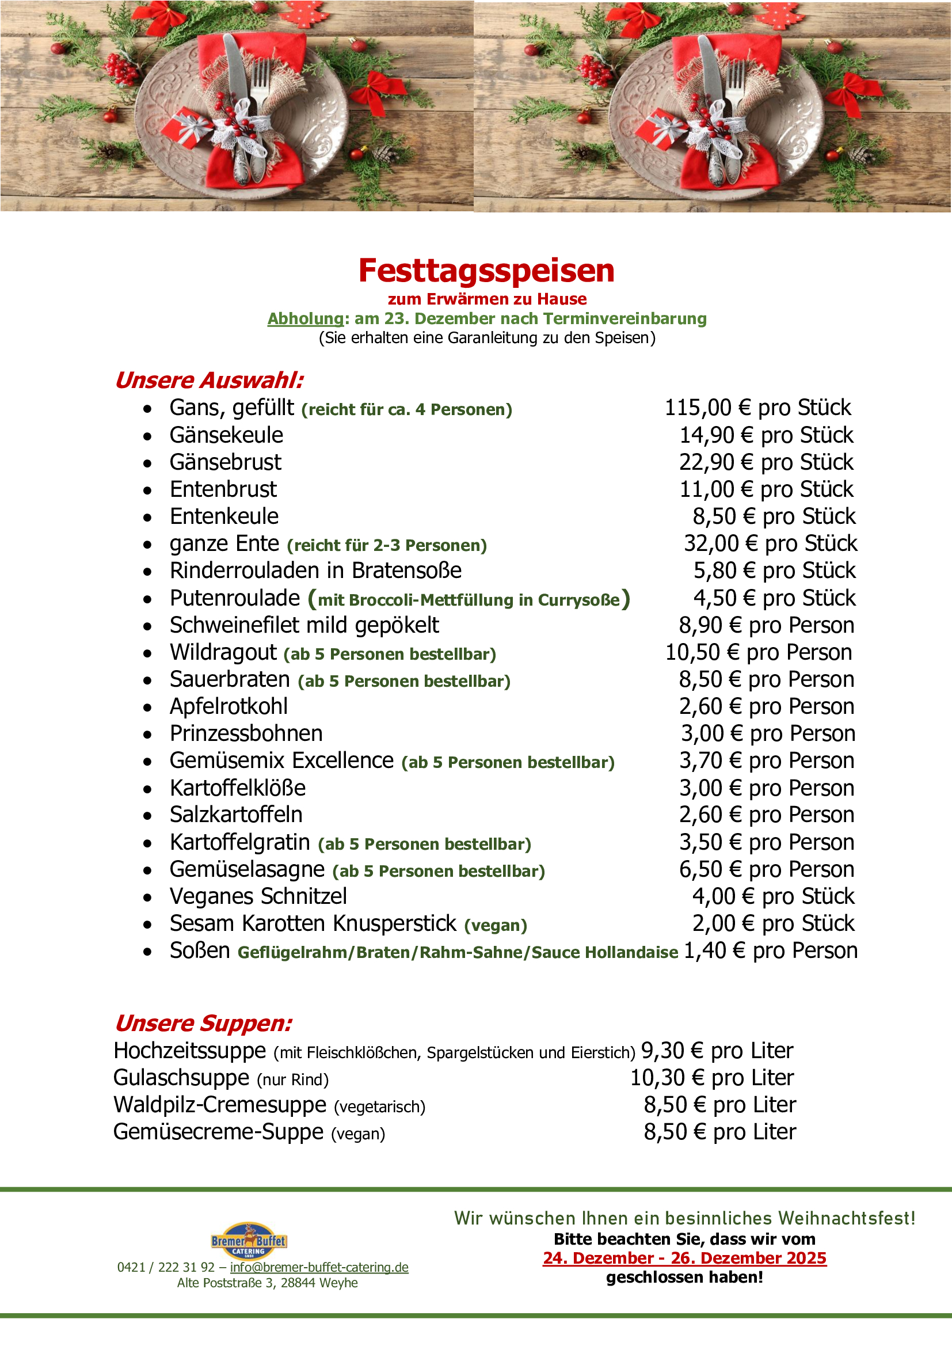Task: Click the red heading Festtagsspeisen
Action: coord(486,271)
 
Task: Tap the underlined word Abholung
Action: coord(305,318)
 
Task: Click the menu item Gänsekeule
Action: coord(226,435)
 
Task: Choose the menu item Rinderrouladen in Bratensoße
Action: coord(315,571)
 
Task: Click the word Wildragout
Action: coord(223,652)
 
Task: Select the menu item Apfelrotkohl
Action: coord(229,706)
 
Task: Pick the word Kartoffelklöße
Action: coord(237,788)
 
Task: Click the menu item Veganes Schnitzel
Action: coord(258,896)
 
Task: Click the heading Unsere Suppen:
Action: coord(203,1023)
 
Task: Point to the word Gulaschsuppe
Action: coord(181,1078)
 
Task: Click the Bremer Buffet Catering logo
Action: coord(249,1241)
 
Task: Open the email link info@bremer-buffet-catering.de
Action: coord(319,1268)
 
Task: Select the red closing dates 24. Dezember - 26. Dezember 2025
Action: coord(684,1258)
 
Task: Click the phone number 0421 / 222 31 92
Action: coord(166,1268)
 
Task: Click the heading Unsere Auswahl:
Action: coord(209,380)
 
